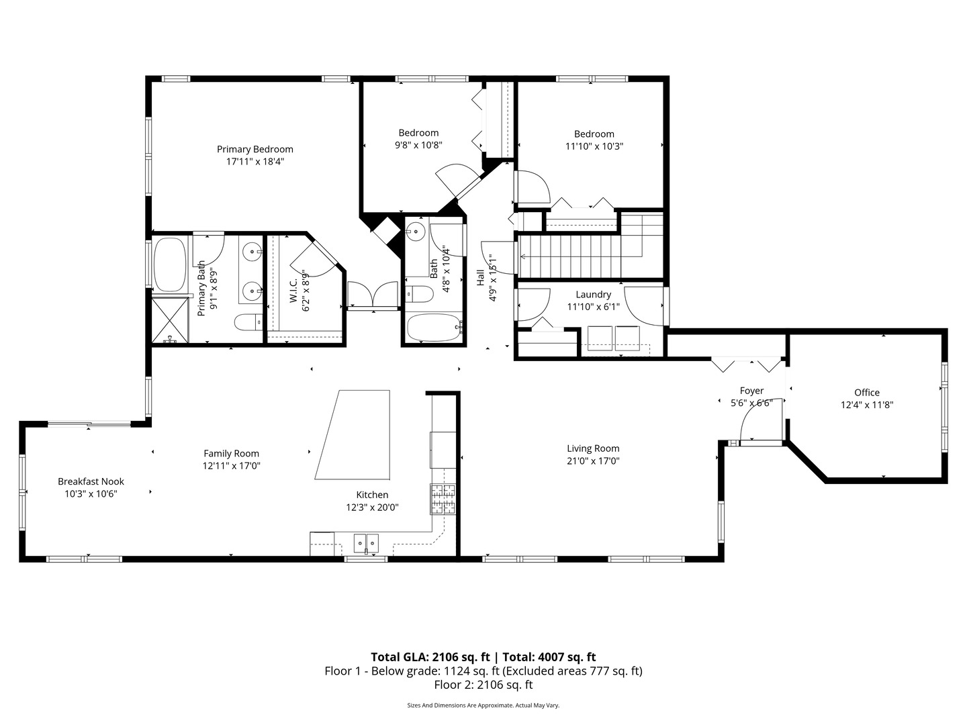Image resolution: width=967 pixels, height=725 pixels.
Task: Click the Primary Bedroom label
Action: (255, 149)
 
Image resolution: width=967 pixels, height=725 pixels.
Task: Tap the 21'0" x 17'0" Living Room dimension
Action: (593, 461)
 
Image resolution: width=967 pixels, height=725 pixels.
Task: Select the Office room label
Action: (866, 392)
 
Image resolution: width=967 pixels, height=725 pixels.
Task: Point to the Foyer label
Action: (751, 391)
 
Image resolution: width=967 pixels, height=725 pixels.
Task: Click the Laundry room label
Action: (593, 295)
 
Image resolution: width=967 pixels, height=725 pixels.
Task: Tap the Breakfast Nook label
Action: (91, 481)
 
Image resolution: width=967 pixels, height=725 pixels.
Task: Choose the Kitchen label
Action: (372, 495)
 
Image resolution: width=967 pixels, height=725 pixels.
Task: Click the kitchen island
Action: (353, 434)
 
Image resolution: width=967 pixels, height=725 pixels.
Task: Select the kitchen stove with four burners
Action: (443, 499)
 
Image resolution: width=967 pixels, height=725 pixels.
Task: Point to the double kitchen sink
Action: (366, 544)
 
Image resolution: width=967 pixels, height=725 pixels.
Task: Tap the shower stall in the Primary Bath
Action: (170, 320)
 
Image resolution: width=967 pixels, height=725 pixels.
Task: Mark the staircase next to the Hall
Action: (590, 256)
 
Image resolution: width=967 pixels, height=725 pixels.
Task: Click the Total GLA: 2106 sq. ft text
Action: (430, 657)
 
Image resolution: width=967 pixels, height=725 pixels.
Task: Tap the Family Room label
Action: (231, 453)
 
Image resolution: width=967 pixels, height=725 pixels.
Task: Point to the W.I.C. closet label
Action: (294, 289)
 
